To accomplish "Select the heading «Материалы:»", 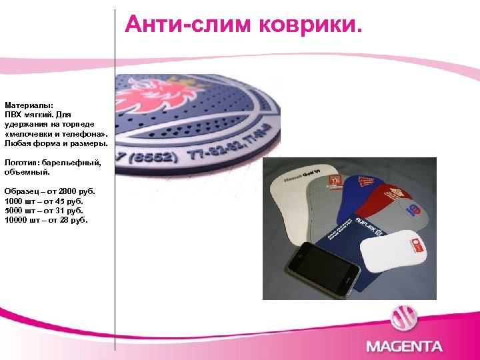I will (29, 105).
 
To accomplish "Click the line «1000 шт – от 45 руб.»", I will (44, 201).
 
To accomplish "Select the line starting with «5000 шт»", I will (44, 210).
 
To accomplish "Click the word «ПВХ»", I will (13, 115).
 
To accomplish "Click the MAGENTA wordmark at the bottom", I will (404, 346).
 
